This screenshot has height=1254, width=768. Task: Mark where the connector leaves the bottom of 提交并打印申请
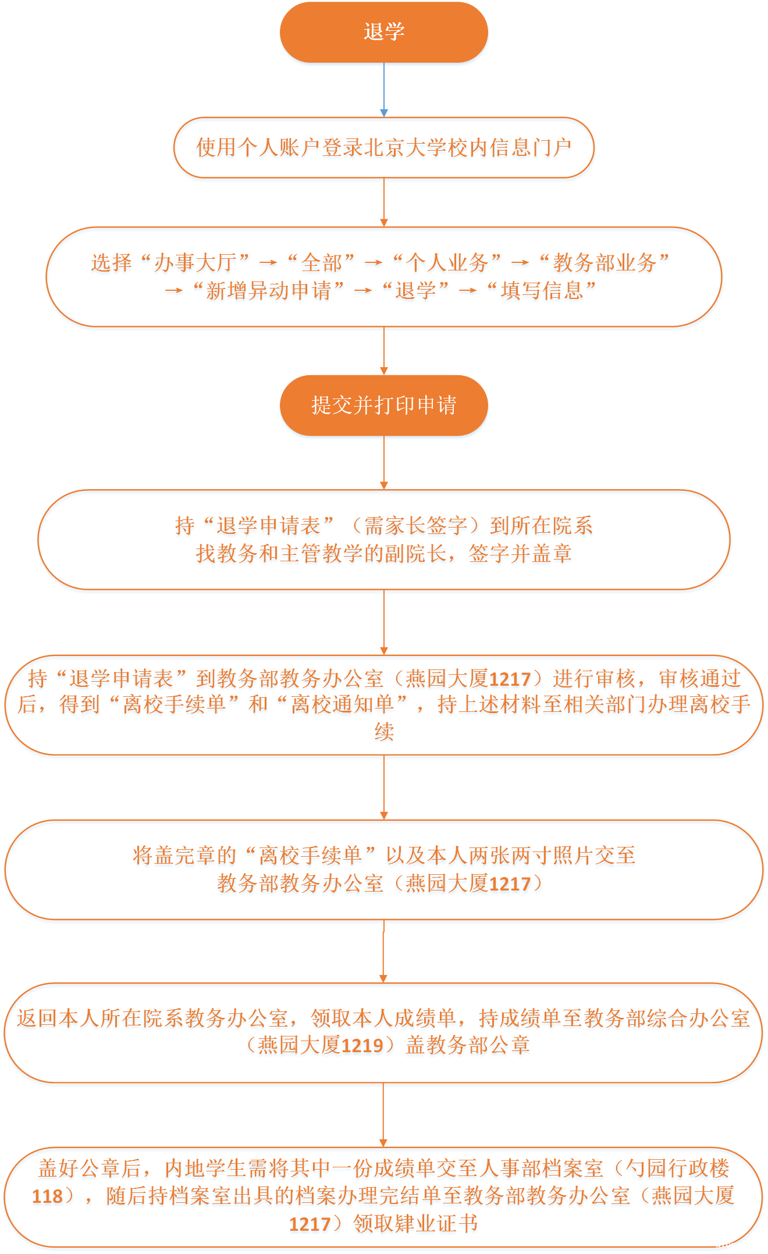(383, 436)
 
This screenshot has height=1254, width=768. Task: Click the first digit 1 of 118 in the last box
(37, 1196)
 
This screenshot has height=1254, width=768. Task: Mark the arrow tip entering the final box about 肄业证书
(383, 1148)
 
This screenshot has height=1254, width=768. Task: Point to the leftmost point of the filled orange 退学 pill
(280, 32)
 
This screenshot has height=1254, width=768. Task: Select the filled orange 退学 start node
(384, 32)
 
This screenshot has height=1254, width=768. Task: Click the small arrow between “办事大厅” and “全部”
(268, 263)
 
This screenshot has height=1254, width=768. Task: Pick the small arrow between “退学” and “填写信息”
(468, 290)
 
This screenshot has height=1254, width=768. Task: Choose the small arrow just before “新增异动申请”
(174, 290)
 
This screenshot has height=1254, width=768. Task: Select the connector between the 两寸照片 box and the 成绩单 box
(383, 952)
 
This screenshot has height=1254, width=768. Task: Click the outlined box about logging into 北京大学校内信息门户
(384, 148)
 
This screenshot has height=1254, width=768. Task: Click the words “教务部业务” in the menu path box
(605, 263)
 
